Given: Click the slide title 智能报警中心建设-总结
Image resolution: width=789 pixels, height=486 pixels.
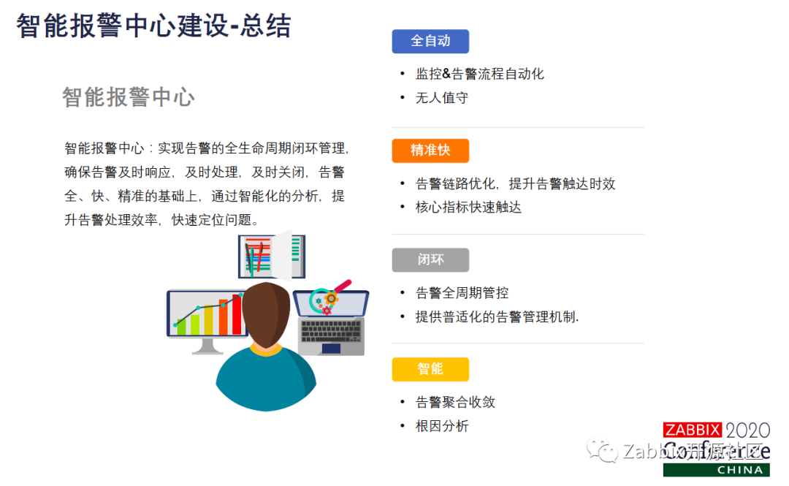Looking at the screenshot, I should pyautogui.click(x=153, y=26).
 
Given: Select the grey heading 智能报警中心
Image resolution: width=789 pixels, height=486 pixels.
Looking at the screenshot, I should pyautogui.click(x=128, y=97).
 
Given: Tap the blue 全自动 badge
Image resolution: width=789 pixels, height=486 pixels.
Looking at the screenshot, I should pyautogui.click(x=430, y=41).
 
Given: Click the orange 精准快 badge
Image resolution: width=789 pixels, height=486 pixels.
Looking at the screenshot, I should pyautogui.click(x=430, y=151).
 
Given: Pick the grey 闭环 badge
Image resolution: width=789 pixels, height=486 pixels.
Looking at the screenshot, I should pyautogui.click(x=430, y=259).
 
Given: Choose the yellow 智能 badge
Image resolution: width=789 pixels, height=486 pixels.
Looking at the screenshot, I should pyautogui.click(x=430, y=369).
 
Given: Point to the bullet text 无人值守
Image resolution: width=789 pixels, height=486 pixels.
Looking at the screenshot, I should pyautogui.click(x=441, y=97).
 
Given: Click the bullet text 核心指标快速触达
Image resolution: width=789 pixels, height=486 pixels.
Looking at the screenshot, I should pyautogui.click(x=468, y=207).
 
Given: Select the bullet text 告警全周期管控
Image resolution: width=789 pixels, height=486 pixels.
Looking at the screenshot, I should pyautogui.click(x=462, y=293).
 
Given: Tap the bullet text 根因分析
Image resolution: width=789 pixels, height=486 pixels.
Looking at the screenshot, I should pyautogui.click(x=441, y=426).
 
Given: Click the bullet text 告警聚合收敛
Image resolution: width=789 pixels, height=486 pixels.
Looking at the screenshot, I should pyautogui.click(x=455, y=403).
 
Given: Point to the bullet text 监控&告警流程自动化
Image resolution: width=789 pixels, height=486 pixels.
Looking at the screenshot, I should pyautogui.click(x=479, y=74).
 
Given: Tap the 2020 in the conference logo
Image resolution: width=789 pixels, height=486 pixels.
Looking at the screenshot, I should pyautogui.click(x=747, y=430).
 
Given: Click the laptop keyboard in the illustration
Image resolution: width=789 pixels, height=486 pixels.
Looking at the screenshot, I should pyautogui.click(x=330, y=331).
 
